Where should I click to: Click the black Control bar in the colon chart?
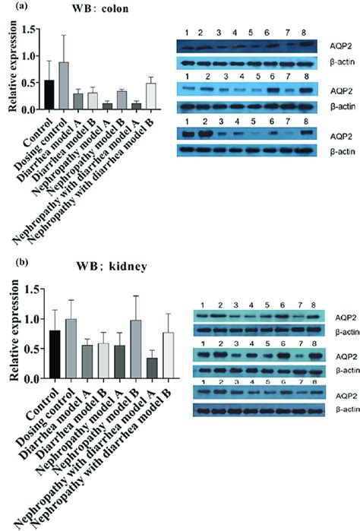[49, 95]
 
